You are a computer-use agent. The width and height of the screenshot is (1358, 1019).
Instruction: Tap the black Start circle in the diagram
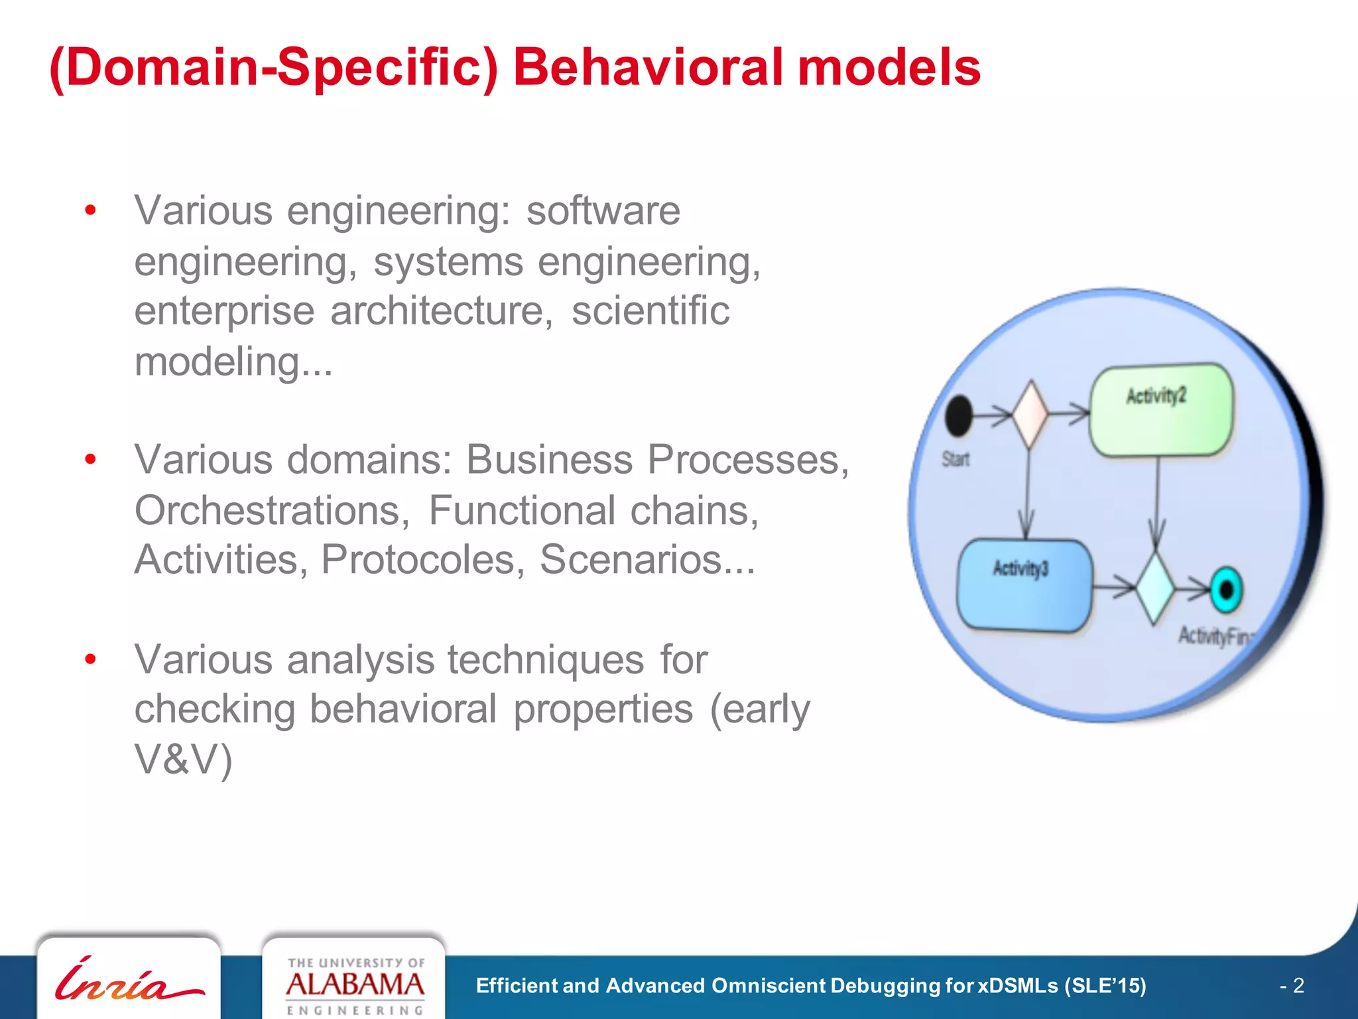[x=958, y=416]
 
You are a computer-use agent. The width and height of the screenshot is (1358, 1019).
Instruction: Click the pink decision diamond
[x=1030, y=414]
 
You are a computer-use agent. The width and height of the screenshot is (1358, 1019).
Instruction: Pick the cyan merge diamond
[x=1154, y=588]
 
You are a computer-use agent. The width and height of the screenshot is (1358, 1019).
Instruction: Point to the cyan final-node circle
[x=1225, y=589]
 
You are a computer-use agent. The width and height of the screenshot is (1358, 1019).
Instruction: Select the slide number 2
[x=1298, y=985]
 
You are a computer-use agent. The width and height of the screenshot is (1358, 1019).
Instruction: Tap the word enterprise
[x=224, y=311]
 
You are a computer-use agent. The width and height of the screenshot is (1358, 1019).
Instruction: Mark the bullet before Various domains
[x=91, y=459]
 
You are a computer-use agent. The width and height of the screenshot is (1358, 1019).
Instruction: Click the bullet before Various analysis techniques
[x=91, y=659]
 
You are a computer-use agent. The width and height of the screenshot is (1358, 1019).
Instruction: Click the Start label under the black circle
[x=956, y=459]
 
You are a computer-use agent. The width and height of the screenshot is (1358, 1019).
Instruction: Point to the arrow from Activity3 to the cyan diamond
[x=1113, y=587]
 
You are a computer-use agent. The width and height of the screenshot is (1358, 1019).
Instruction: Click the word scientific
[x=650, y=311]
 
